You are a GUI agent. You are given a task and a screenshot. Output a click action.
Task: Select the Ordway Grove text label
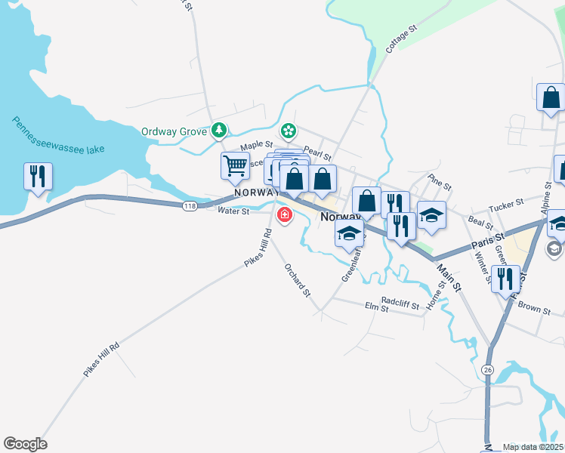(174, 131)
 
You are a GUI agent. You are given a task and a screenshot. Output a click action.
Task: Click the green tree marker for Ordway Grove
(219, 131)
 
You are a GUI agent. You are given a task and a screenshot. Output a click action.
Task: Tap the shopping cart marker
(236, 165)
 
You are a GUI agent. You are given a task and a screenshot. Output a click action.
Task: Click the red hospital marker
(285, 216)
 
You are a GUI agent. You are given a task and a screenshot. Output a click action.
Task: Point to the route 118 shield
(189, 205)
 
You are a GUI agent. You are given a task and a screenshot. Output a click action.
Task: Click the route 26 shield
(488, 369)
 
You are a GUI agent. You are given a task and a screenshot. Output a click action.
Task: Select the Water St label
(233, 211)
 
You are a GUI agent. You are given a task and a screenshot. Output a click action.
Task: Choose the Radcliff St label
(400, 300)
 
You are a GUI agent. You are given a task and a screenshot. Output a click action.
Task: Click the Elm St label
(375, 308)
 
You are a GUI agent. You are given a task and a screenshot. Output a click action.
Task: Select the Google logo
(25, 444)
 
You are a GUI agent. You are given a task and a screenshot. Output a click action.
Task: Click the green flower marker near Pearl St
(289, 131)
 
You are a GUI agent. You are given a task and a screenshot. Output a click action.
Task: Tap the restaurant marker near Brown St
(505, 279)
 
